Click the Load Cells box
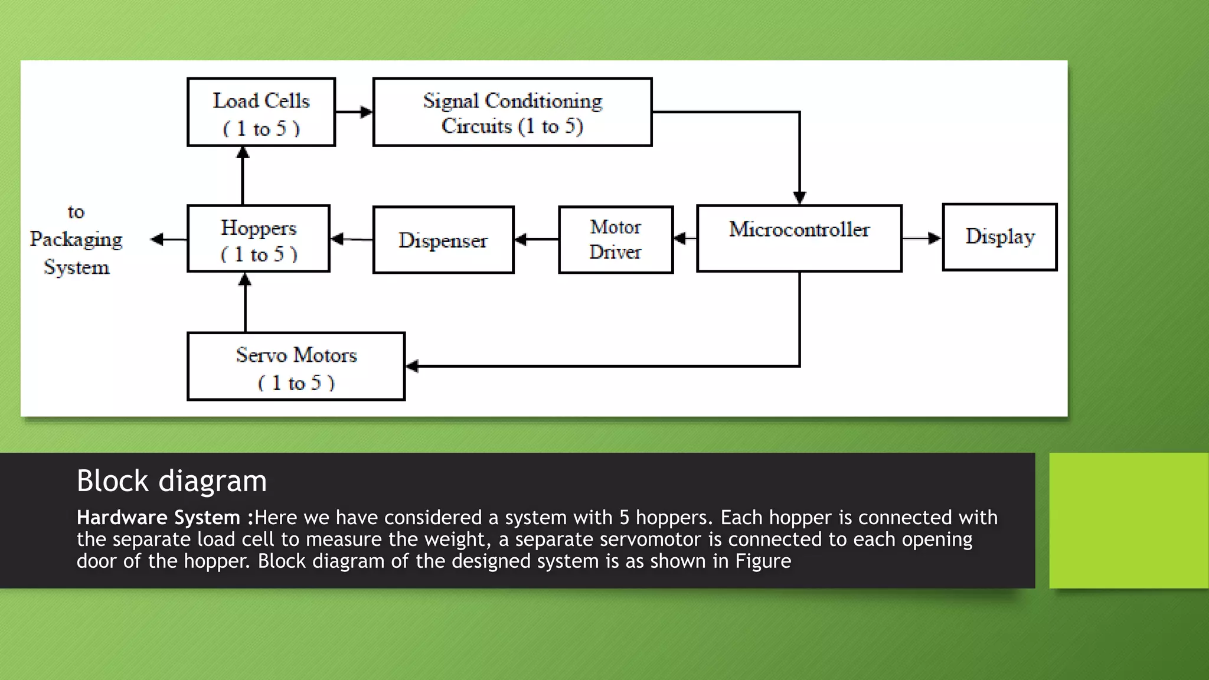click(261, 112)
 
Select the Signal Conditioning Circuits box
click(512, 112)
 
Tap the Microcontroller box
click(799, 238)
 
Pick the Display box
click(999, 237)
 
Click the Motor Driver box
click(616, 240)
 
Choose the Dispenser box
click(443, 240)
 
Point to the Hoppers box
click(259, 239)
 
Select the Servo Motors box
click(296, 367)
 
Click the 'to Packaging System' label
click(76, 240)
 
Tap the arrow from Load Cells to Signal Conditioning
click(354, 112)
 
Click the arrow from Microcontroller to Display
click(922, 238)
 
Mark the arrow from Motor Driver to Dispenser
click(536, 239)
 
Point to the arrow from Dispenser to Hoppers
click(351, 239)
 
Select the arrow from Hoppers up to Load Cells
click(243, 175)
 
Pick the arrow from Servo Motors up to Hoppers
click(245, 302)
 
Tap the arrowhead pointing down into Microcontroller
click(799, 197)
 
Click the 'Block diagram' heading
click(172, 481)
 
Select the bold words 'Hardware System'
click(158, 518)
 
